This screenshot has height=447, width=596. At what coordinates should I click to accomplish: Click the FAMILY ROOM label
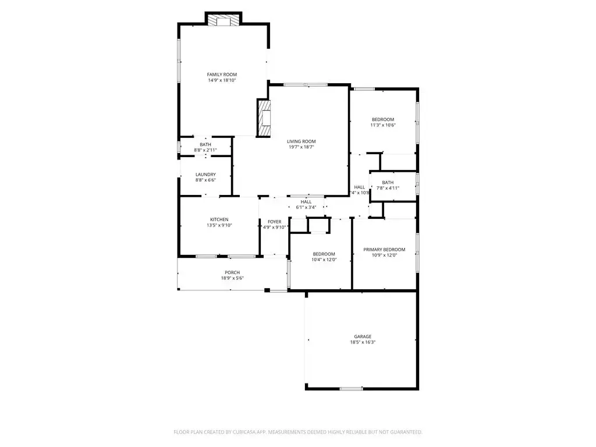222,74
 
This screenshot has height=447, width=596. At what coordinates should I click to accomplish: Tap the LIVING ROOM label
301,141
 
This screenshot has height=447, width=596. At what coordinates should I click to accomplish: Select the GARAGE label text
362,336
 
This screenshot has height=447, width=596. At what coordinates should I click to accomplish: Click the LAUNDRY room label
205,175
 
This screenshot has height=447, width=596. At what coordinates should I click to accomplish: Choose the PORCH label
232,272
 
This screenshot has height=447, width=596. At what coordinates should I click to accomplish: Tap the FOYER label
274,222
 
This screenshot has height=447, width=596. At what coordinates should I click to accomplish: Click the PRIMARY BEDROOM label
384,249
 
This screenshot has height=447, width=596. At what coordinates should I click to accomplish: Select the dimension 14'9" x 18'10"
222,80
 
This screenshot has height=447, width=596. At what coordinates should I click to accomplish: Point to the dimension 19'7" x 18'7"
301,148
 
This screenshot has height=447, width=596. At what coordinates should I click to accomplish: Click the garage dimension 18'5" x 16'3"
362,342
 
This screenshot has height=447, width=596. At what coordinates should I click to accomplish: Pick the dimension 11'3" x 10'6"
382,125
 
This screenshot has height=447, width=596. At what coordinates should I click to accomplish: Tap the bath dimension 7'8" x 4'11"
388,188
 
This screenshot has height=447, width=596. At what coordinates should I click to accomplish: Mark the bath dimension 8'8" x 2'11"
205,150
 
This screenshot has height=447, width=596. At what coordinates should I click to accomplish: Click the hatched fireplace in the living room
264,118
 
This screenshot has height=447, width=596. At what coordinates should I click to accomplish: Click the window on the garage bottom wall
351,388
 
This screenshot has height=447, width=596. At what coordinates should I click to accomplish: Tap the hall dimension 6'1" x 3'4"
306,207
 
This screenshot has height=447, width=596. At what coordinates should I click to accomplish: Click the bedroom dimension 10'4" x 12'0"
324,260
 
